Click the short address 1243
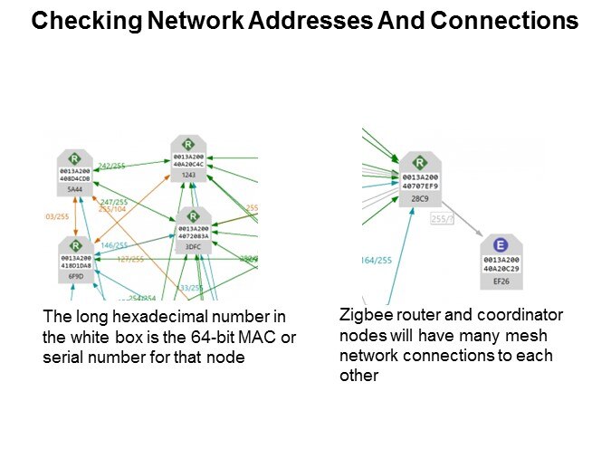coord(188,175)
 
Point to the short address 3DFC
coord(192,246)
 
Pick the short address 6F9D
coord(75,277)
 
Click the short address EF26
coord(499,282)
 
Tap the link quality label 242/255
coord(112,166)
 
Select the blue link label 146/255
coord(114,245)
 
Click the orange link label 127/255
coord(130,259)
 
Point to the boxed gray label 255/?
coord(442,219)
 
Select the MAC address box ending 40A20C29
coord(499,266)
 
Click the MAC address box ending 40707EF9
coord(420,182)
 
